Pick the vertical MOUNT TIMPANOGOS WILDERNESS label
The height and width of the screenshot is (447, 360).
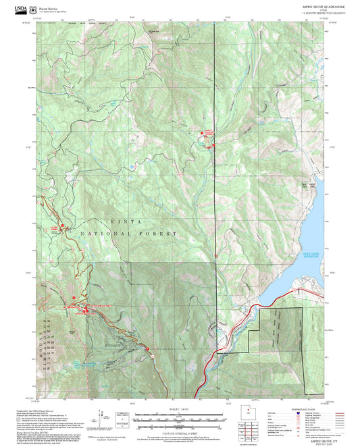tap(43, 338)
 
